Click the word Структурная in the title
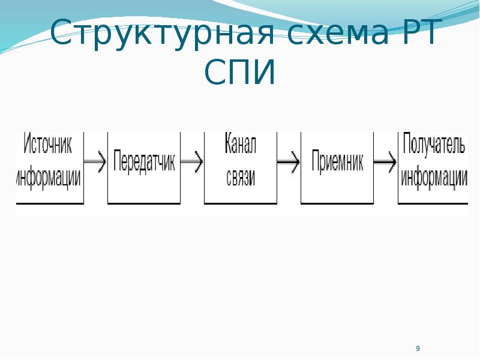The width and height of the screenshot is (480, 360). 162,33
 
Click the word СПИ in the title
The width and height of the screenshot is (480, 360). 239,72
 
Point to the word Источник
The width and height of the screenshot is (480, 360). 48,143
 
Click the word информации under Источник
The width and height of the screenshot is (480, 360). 49,177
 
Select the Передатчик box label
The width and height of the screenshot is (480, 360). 144,161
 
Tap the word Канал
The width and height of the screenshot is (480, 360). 241,143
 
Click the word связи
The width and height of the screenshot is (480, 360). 241,178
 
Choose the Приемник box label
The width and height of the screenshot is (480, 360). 337,161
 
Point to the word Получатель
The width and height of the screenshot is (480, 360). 434,143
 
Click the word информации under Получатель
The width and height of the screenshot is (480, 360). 434,178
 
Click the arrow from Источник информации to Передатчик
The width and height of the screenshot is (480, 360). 95,161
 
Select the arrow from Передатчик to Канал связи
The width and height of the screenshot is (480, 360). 192,161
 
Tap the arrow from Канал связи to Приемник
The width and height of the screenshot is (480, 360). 289,161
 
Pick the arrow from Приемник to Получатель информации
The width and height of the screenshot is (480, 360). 385,161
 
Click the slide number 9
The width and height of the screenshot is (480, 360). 418,348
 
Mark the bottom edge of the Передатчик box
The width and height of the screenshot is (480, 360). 144,203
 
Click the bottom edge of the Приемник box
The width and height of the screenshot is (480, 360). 337,203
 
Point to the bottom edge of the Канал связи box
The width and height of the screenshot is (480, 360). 241,203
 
